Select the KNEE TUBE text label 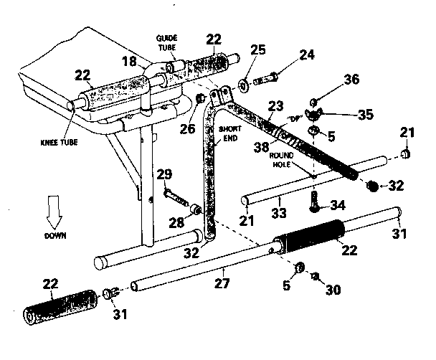tap(57, 143)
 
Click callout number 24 tap(287, 54)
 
